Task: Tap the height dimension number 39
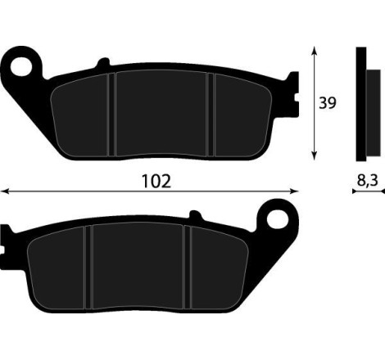(328, 103)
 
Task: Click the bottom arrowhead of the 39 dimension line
(314, 155)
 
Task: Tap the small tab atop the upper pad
(102, 62)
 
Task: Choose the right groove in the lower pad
(188, 266)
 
